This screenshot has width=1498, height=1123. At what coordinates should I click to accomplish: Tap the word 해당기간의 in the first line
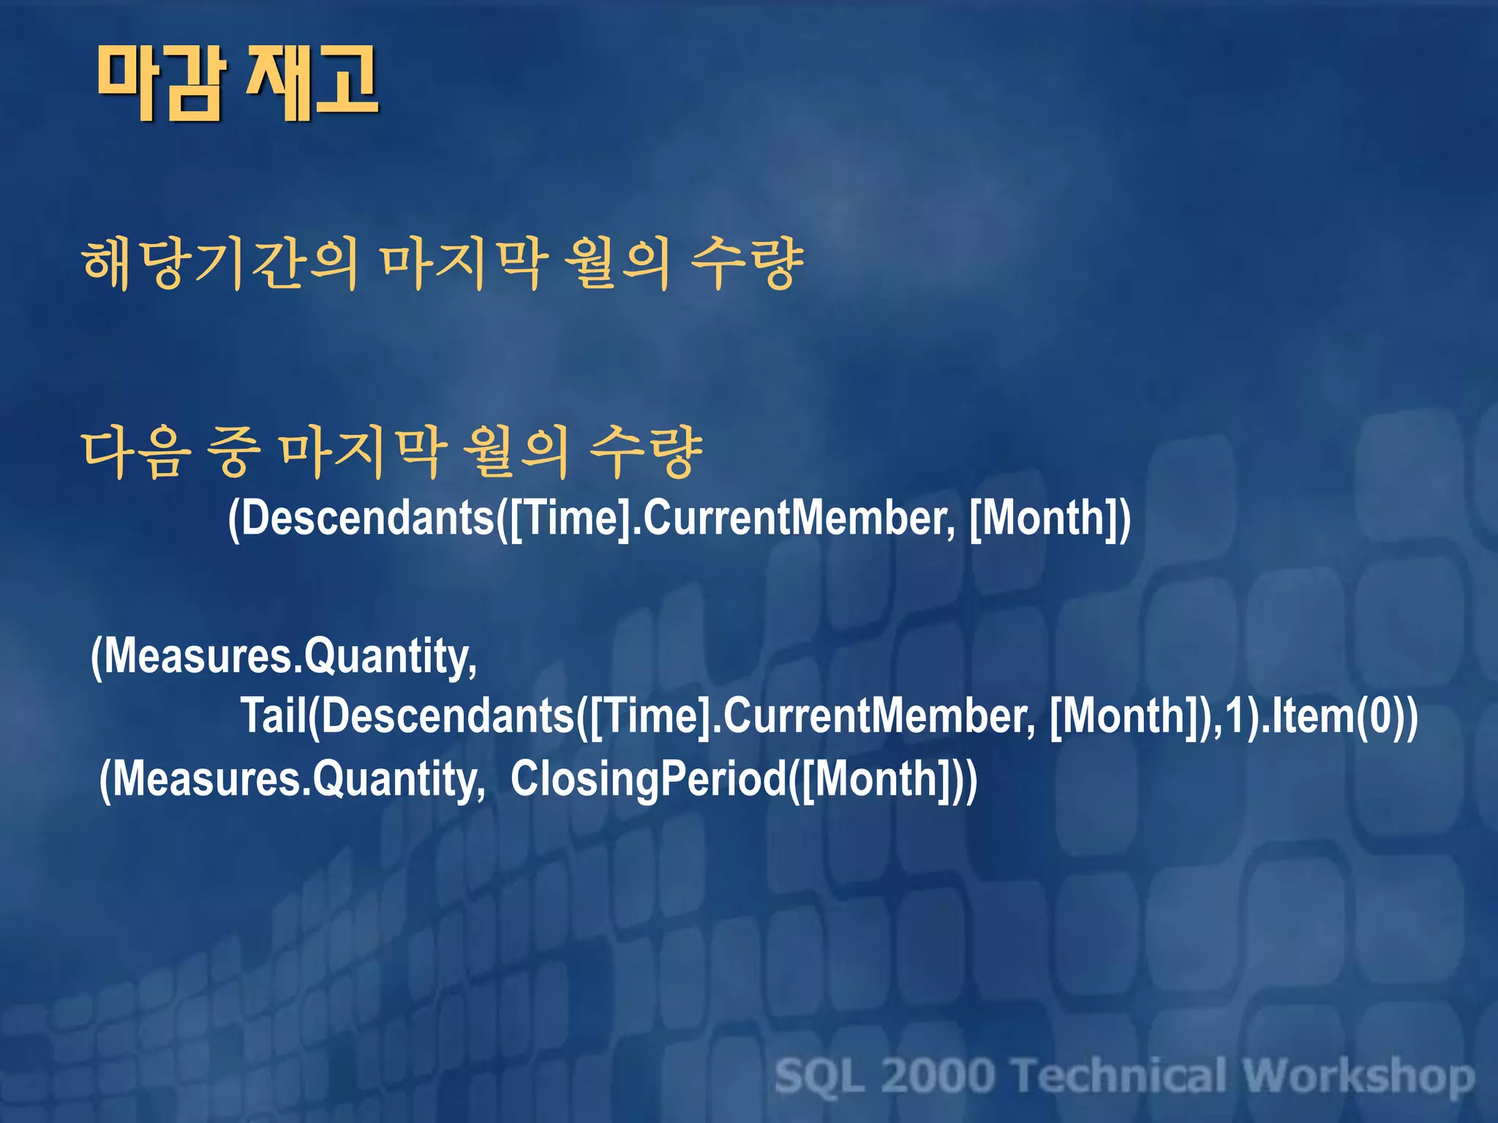[x=220, y=264]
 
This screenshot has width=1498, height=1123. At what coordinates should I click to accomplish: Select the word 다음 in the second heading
[x=136, y=453]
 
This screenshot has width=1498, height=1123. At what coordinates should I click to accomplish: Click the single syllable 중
[x=233, y=453]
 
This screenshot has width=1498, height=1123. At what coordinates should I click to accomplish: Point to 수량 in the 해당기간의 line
[x=747, y=264]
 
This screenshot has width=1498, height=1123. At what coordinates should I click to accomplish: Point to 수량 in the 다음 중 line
[x=646, y=453]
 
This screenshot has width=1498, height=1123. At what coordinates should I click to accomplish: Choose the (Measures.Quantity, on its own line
[x=284, y=656]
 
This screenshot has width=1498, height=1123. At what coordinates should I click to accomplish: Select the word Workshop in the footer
[x=1358, y=1076]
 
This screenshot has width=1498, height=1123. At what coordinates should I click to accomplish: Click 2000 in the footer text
[x=938, y=1076]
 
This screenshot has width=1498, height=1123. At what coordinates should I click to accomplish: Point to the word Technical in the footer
[x=1119, y=1076]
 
